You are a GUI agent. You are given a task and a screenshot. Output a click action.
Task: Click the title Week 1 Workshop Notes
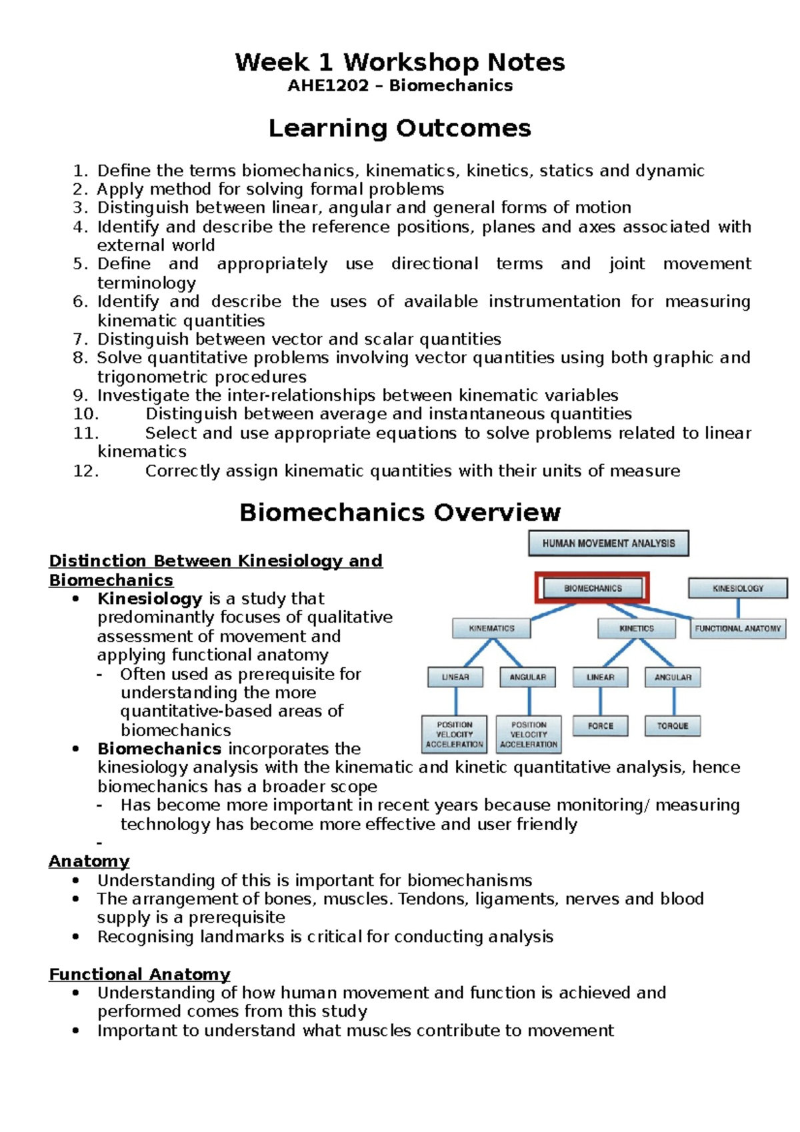399,62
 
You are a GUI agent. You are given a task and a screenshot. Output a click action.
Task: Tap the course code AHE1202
327,85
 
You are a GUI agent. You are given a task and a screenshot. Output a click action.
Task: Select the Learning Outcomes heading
399,128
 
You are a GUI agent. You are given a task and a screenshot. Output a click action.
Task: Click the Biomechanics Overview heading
399,512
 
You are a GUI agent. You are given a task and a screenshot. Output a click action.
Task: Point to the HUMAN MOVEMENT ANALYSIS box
608,543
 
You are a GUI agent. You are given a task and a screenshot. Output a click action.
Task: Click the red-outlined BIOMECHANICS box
592,588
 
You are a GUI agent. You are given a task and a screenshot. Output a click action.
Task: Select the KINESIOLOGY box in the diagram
737,588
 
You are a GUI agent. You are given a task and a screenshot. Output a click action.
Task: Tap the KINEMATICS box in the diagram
491,628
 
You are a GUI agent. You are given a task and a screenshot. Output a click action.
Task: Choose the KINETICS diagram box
636,628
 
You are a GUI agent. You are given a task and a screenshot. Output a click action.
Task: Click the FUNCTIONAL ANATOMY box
737,628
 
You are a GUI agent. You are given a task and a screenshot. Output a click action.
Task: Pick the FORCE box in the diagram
600,725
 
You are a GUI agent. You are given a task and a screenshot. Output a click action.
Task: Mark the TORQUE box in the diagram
672,725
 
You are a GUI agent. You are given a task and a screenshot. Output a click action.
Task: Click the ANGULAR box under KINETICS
672,677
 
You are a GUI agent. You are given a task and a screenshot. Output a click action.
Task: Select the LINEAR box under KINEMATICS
455,677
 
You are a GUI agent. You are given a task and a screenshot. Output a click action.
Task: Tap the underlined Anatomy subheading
89,861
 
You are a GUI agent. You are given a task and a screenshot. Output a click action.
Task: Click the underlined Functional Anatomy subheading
139,974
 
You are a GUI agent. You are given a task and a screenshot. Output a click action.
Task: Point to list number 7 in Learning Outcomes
80,339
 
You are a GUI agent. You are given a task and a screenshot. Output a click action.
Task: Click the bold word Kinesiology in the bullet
149,599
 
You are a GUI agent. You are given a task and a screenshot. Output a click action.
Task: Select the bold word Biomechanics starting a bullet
159,749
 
